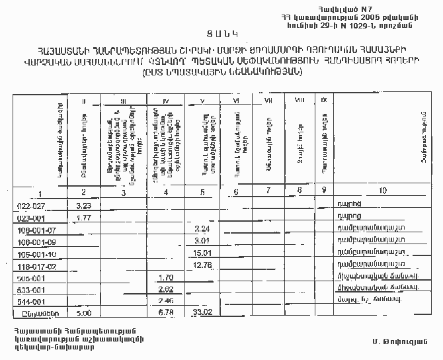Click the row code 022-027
pos(30,206)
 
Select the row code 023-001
pos(30,217)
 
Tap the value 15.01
pos(201,253)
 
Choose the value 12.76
pos(201,265)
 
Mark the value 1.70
pos(167,277)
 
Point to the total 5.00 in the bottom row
pos(83,314)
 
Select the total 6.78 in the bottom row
pos(167,314)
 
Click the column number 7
pos(268,191)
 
